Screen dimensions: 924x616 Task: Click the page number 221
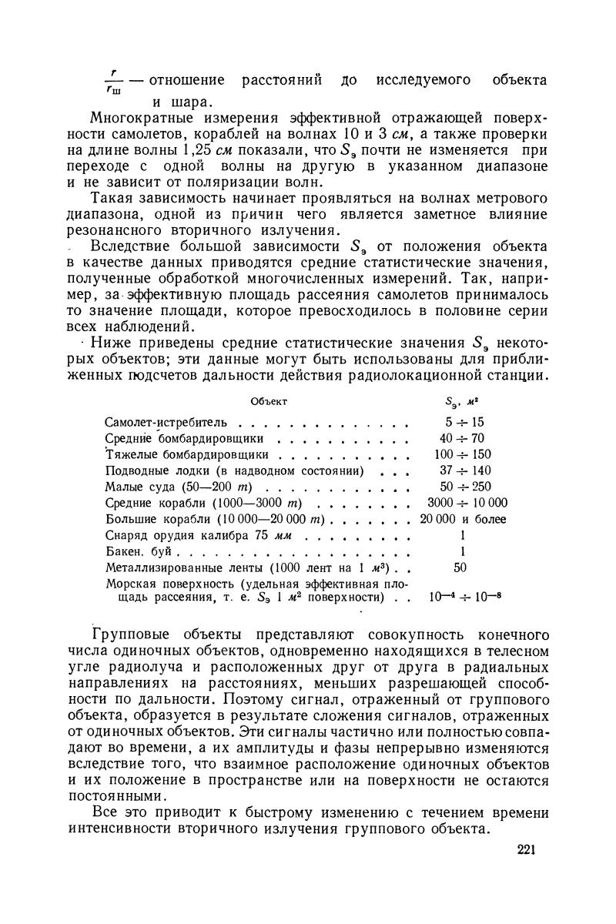(x=526, y=850)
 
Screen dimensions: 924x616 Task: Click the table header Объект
(x=269, y=400)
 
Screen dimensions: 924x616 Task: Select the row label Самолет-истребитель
(x=166, y=423)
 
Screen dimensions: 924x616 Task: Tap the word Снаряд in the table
(x=126, y=536)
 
